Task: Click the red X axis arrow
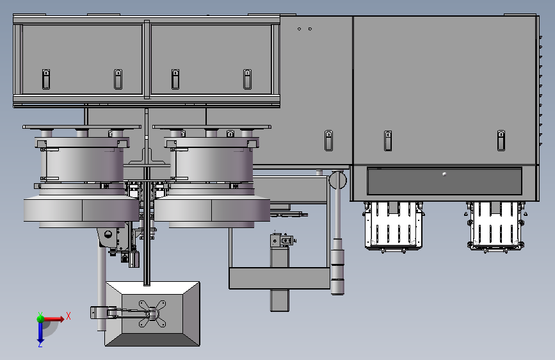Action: pos(53,319)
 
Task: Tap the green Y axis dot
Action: pos(40,318)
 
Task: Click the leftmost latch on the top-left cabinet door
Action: pos(46,79)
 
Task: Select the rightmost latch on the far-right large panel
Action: pos(501,140)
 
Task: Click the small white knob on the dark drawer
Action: pos(444,174)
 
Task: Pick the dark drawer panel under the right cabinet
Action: pos(444,181)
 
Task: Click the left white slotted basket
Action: pos(393,225)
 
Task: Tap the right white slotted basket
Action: pos(495,226)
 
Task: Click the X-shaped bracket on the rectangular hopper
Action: pos(152,314)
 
